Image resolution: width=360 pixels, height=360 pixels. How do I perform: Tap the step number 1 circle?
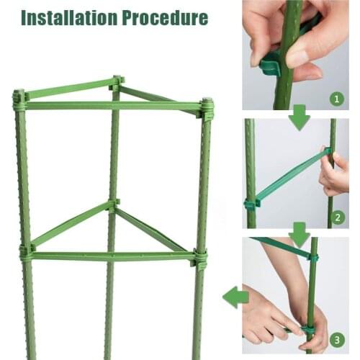[x=337, y=97]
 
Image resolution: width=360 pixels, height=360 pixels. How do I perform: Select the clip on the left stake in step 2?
[x=251, y=204]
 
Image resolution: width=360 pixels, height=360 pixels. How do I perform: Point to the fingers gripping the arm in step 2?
[x=333, y=173]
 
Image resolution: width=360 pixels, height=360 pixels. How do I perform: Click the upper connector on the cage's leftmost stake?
[x=19, y=100]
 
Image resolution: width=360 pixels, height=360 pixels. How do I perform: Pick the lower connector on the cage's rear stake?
[x=113, y=206]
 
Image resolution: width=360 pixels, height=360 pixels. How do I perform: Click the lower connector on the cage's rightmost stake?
[x=199, y=256]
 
